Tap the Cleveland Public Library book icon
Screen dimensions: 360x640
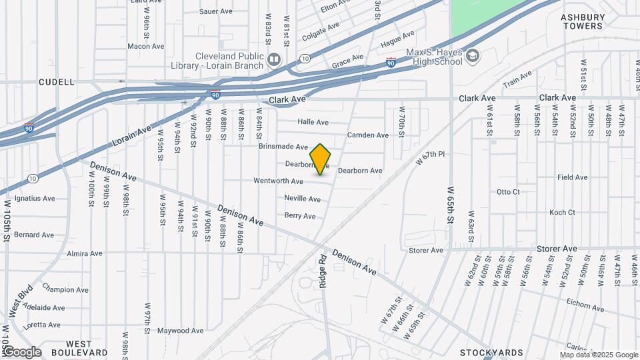click(274, 61)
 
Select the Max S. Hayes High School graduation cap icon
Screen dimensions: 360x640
click(473, 56)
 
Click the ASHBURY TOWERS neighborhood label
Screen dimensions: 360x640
click(583, 21)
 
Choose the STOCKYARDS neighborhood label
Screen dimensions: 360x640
click(492, 352)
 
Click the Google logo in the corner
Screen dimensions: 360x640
click(21, 352)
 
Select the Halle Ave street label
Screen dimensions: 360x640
click(313, 122)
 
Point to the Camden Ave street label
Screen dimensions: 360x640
click(367, 135)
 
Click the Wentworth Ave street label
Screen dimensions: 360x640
click(278, 181)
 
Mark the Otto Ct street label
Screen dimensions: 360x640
click(508, 192)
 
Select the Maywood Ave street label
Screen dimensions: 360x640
click(180, 330)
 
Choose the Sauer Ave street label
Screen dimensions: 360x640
click(216, 11)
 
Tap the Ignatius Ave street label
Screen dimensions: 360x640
click(35, 198)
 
